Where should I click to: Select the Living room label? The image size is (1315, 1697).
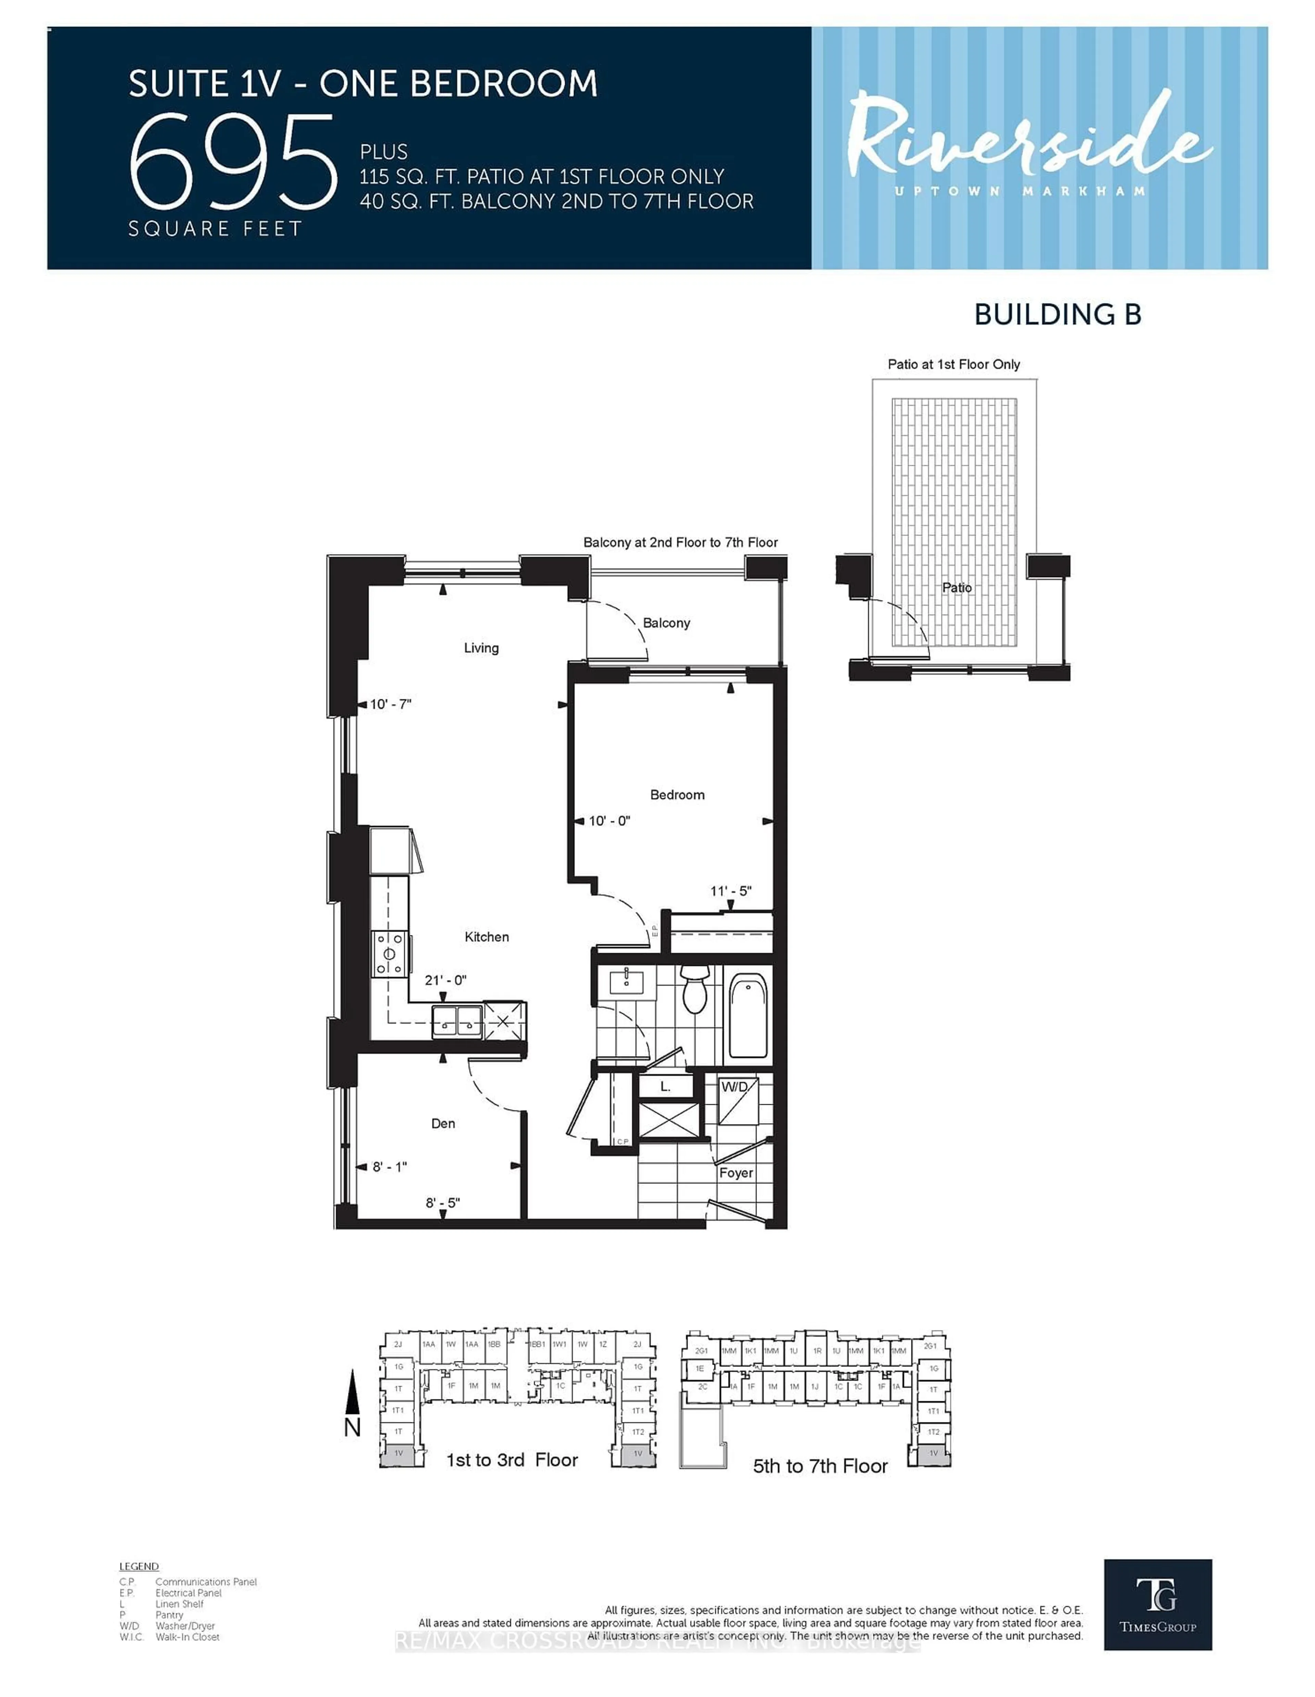481,648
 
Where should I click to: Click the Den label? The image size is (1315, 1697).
443,1124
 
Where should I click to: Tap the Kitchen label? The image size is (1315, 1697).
486,937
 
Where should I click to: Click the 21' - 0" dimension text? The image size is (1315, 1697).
445,981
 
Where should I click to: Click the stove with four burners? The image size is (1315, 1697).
390,953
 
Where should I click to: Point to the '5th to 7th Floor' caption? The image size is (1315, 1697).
819,1466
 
